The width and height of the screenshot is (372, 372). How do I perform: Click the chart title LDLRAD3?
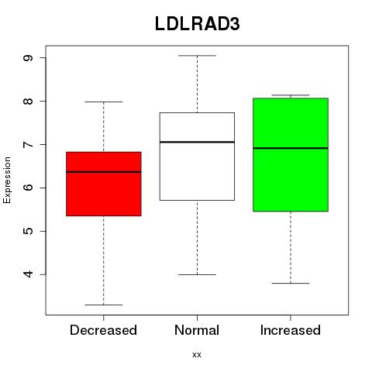pyautogui.click(x=198, y=24)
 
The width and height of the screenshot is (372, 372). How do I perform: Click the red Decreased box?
pyautogui.click(x=104, y=184)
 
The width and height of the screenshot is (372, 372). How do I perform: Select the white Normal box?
pyautogui.click(x=197, y=157)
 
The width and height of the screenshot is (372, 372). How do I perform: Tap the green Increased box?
pyautogui.click(x=291, y=155)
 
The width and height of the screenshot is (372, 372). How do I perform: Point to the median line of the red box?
pyautogui.click(x=104, y=172)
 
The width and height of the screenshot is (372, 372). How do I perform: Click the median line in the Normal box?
pyautogui.click(x=197, y=142)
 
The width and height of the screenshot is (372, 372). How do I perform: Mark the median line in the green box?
pyautogui.click(x=291, y=148)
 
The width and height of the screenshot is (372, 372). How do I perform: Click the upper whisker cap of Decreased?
pyautogui.click(x=104, y=102)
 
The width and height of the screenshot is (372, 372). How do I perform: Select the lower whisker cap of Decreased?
pyautogui.click(x=104, y=305)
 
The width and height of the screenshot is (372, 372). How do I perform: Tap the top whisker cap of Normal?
pyautogui.click(x=197, y=56)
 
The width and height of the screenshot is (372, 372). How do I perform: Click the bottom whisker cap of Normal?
pyautogui.click(x=197, y=274)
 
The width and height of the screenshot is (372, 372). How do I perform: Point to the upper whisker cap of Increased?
pyautogui.click(x=291, y=95)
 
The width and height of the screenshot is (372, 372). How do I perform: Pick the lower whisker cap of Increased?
pyautogui.click(x=291, y=284)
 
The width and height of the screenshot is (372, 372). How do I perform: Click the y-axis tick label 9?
pyautogui.click(x=28, y=57)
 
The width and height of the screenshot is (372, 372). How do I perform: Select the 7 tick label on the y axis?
pyautogui.click(x=28, y=144)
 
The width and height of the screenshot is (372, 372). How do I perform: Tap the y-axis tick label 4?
pyautogui.click(x=28, y=274)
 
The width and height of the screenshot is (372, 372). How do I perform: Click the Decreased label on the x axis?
pyautogui.click(x=103, y=330)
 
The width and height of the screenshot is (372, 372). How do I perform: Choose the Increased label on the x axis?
pyautogui.click(x=291, y=330)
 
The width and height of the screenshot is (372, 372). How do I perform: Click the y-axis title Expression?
pyautogui.click(x=7, y=180)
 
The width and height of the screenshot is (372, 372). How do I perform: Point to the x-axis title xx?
pyautogui.click(x=197, y=355)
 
